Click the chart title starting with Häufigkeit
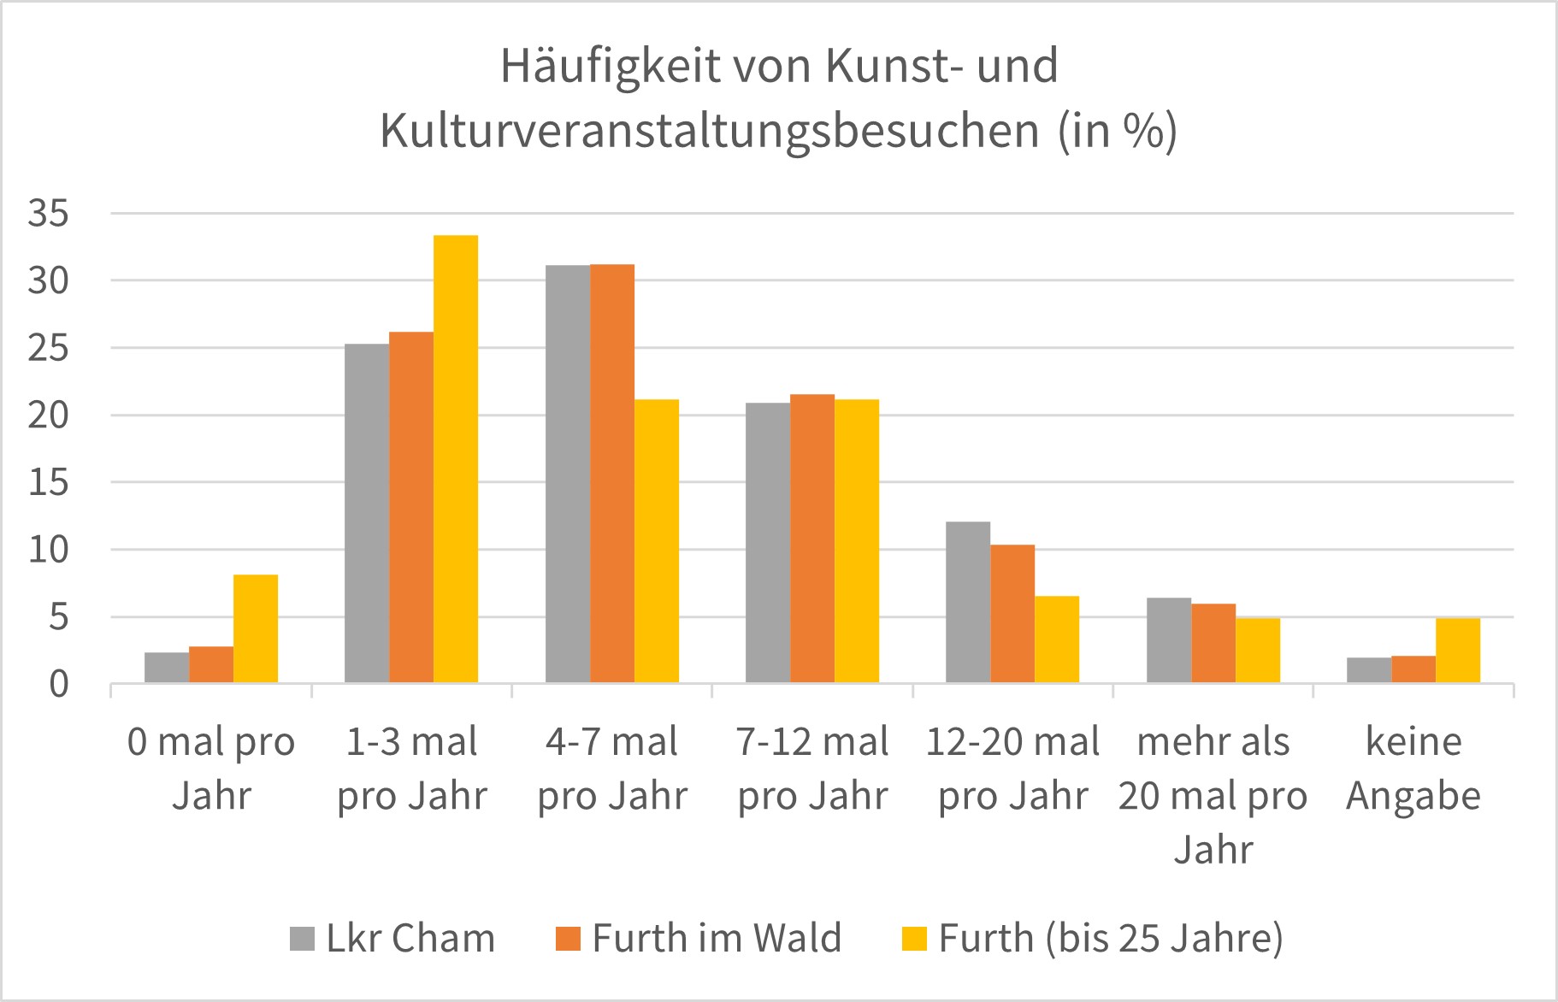coord(778,98)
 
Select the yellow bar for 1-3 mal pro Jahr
coord(456,458)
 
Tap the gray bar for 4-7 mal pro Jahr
coord(568,474)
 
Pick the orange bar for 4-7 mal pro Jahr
coord(612,474)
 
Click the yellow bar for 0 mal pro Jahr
coord(256,628)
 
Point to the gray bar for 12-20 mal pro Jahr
coord(968,602)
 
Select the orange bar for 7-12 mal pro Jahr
coord(812,539)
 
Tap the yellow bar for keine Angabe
coord(1458,650)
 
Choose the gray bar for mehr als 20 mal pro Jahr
coord(1168,640)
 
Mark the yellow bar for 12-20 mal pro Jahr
coord(1057,639)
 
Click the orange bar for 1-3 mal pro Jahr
coord(411,507)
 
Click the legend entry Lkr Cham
coord(393,939)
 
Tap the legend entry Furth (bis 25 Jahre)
coord(1093,939)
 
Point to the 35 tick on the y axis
coord(48,214)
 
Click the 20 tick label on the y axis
coord(48,416)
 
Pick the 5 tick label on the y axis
coord(58,617)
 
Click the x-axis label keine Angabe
coord(1413,768)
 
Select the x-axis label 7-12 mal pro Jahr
coord(812,768)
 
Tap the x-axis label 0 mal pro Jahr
coord(211,768)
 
